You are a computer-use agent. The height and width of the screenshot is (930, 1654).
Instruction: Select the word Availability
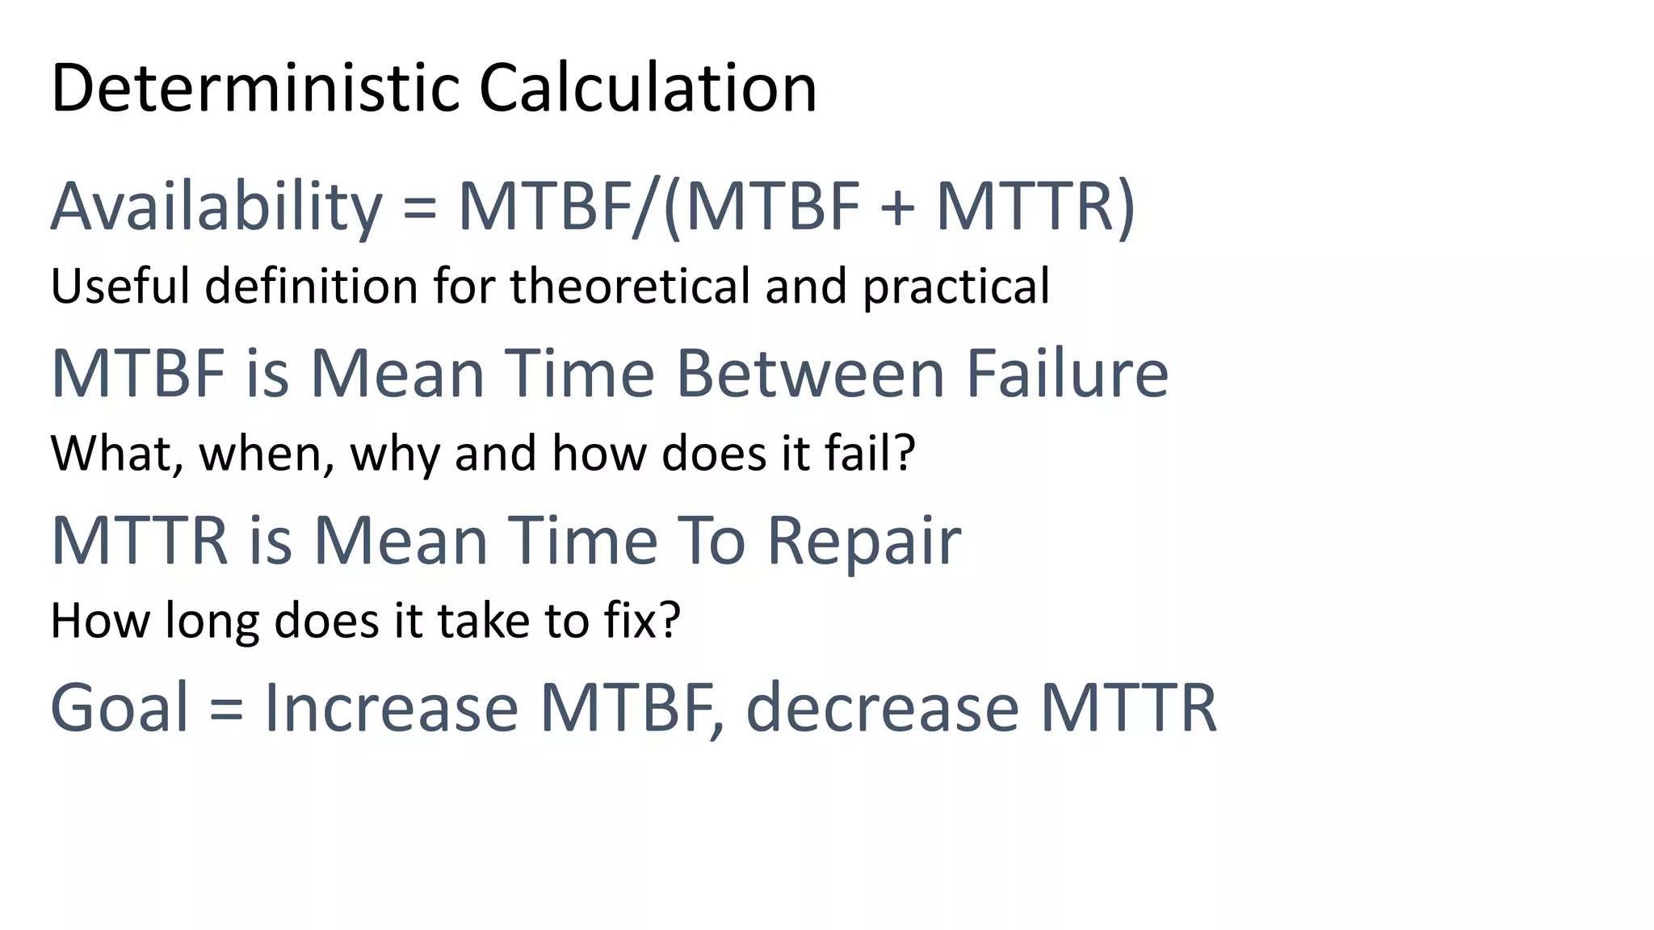click(x=216, y=207)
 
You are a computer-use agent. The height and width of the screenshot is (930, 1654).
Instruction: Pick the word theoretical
click(x=631, y=286)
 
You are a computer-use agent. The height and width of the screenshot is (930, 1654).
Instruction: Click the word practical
click(x=956, y=287)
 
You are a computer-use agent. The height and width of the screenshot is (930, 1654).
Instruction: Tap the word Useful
click(x=120, y=286)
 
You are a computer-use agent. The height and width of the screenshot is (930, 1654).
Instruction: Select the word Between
click(x=809, y=374)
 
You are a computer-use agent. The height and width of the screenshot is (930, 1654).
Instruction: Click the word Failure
click(x=1067, y=374)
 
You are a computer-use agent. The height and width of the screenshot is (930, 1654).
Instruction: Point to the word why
click(x=395, y=455)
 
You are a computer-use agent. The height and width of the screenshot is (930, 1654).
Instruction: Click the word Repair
click(x=863, y=542)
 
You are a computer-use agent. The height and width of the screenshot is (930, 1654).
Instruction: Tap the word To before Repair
click(x=711, y=540)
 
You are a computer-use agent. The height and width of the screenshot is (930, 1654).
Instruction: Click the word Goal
click(x=120, y=707)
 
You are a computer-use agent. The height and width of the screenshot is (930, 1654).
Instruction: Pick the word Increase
click(x=391, y=707)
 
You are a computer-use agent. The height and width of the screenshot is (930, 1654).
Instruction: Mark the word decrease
click(x=882, y=707)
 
